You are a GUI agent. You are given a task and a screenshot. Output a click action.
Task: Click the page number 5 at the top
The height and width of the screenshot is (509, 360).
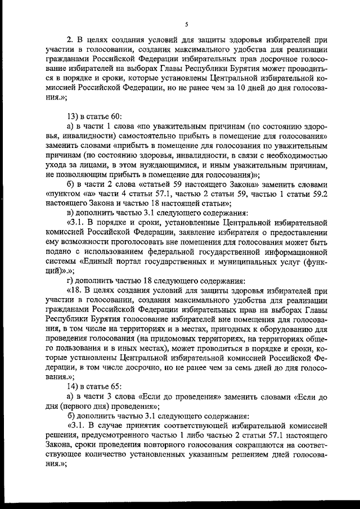pyautogui.click(x=185, y=24)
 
